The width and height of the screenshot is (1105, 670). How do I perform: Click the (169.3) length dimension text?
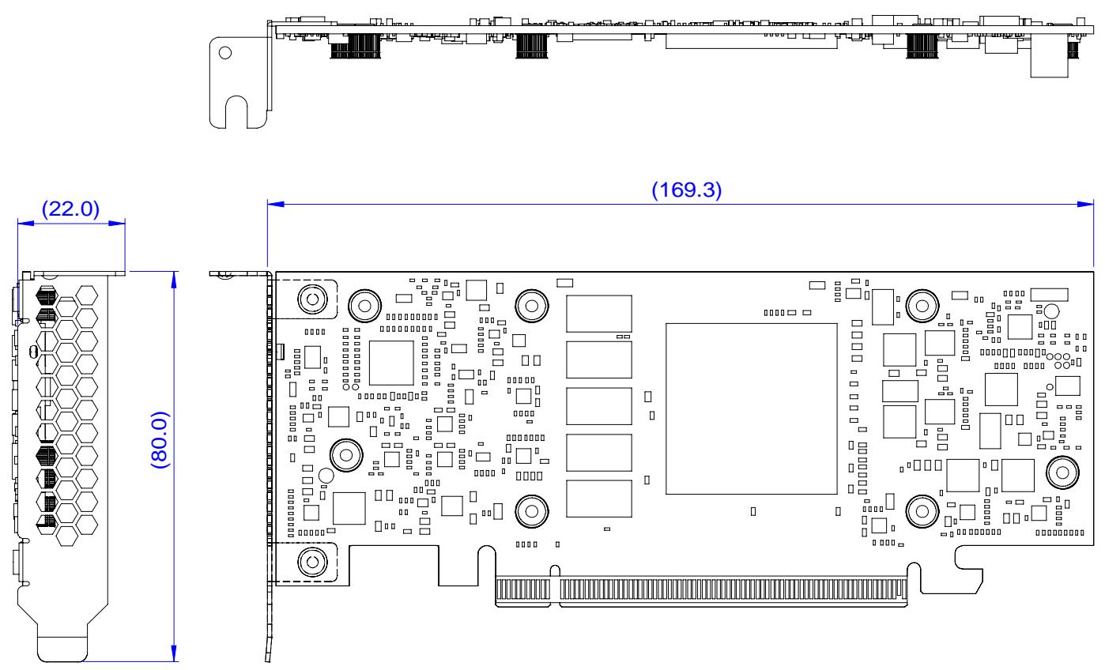[686, 190]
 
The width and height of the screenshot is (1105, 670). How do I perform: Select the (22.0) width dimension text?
[70, 209]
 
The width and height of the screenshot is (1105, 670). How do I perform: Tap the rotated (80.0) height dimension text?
[160, 440]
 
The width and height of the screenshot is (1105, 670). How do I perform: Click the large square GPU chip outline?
[752, 408]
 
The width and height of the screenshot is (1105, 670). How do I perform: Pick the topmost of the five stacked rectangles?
[599, 314]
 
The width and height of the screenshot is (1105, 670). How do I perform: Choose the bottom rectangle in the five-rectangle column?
[599, 499]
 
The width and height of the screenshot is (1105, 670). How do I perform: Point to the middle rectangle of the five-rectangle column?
[599, 406]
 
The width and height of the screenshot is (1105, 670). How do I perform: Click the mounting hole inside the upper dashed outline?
[313, 299]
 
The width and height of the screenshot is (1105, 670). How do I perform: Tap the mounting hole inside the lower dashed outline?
[313, 562]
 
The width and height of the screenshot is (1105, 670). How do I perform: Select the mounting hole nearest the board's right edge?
[1062, 472]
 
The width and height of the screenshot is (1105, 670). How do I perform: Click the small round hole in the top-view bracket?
[225, 53]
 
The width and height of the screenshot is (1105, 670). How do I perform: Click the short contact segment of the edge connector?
[523, 589]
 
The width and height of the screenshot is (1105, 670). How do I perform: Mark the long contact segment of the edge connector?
[734, 589]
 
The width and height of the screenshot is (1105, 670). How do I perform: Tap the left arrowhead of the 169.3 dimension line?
[276, 204]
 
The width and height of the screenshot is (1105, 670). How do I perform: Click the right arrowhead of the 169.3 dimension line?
[1085, 204]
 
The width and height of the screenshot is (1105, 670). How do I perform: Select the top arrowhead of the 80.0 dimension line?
[174, 280]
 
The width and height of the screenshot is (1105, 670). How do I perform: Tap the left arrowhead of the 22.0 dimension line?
[26, 224]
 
